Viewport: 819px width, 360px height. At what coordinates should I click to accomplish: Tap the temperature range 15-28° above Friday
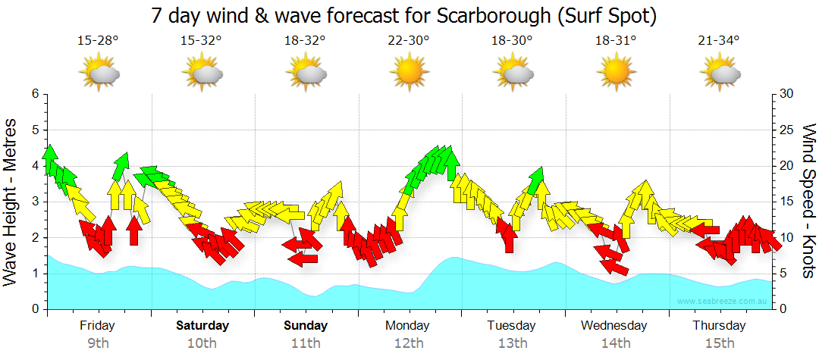[98, 42]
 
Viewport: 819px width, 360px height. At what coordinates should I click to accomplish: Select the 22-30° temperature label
[409, 42]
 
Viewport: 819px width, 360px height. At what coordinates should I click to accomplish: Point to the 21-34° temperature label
[719, 42]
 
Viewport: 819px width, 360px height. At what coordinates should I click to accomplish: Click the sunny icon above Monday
[409, 73]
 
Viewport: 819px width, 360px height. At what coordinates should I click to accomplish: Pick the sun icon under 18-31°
[616, 73]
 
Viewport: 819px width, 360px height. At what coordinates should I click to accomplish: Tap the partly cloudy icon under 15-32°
[202, 74]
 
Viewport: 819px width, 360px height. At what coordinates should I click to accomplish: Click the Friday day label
[98, 326]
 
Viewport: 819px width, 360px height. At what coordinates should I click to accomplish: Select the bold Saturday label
[202, 326]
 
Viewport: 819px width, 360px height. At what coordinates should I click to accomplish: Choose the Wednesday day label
[615, 326]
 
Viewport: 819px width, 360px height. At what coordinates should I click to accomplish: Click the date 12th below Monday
[409, 343]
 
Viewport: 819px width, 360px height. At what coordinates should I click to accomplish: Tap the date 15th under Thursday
[719, 343]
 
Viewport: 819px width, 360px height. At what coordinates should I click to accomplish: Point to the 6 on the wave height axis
[35, 94]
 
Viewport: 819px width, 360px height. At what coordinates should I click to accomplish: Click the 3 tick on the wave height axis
[35, 202]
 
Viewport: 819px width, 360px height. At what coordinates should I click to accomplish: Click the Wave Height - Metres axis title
[12, 202]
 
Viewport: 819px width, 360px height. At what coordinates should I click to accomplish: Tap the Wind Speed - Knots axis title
[808, 202]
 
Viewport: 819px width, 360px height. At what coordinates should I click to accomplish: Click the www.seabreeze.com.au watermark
[723, 301]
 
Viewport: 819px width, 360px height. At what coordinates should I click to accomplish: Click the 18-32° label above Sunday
[306, 42]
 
